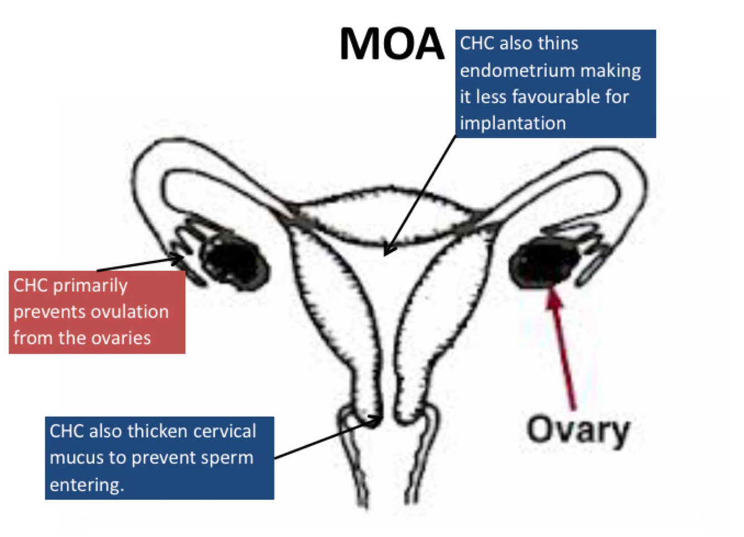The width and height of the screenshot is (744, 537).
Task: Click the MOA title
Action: [x=392, y=44]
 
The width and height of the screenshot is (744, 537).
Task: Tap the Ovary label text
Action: [x=578, y=430]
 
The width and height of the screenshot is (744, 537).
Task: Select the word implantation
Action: [x=513, y=123]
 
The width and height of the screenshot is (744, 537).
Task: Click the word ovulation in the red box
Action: [x=136, y=311]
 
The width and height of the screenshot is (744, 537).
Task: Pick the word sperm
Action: [x=229, y=458]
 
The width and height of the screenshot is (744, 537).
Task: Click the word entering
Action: [x=86, y=484]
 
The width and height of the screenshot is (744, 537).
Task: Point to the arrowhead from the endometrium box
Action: [x=389, y=250]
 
